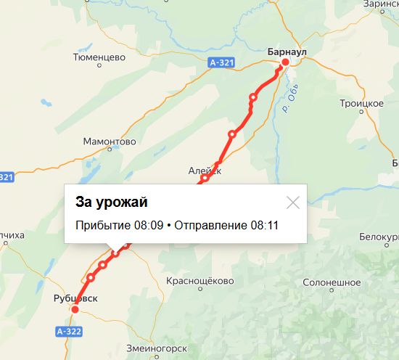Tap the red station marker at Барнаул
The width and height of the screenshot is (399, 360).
[x=285, y=62]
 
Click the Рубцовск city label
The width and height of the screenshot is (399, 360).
[x=75, y=298]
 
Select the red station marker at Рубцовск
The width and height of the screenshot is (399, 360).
[x=75, y=310]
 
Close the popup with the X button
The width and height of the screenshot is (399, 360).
[x=293, y=202]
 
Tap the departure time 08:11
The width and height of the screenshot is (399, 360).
[x=265, y=226]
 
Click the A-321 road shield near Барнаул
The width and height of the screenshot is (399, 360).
[x=221, y=63]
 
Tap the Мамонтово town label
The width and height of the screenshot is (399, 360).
[x=110, y=142]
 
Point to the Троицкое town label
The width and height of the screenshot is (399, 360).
[x=361, y=104]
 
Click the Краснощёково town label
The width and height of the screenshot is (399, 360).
[x=199, y=281]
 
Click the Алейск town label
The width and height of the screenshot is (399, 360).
[x=204, y=170]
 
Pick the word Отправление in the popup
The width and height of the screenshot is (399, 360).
[x=212, y=226]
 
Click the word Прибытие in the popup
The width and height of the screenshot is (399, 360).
[x=102, y=226]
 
